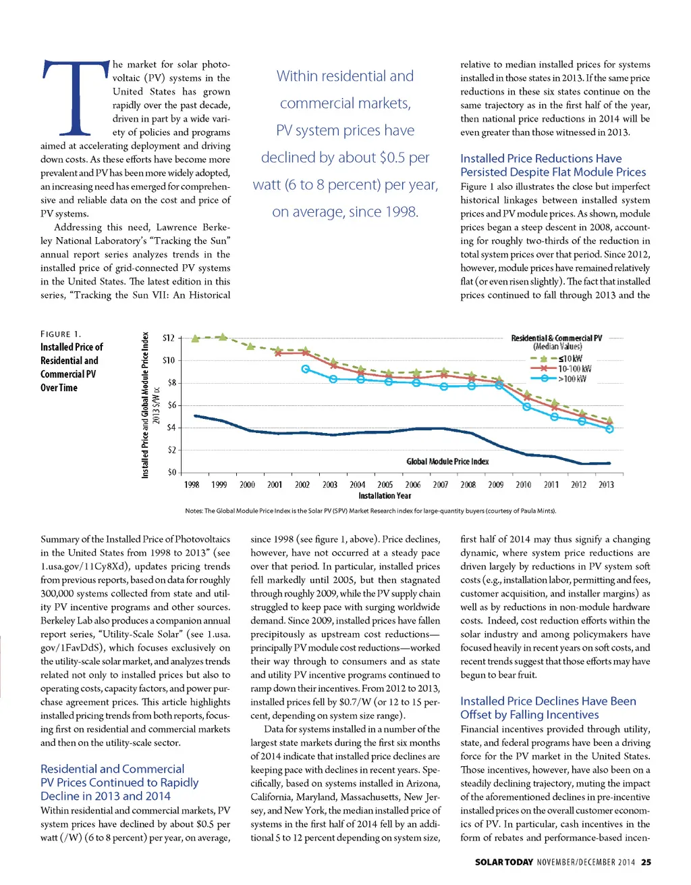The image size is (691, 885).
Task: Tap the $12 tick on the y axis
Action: tap(169, 338)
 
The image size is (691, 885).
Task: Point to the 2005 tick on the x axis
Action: tap(385, 484)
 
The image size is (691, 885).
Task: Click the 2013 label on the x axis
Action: tap(606, 484)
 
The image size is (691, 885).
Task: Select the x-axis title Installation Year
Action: tap(385, 496)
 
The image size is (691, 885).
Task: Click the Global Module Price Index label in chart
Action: tap(447, 461)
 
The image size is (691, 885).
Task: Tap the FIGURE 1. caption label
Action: tap(61, 334)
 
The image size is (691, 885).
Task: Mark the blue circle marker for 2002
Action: tap(305, 369)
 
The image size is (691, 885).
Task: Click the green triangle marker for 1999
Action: tap(223, 336)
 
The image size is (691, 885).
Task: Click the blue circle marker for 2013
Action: tap(609, 429)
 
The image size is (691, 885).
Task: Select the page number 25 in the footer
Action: tap(646, 862)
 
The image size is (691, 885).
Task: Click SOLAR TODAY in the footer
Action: tap(504, 862)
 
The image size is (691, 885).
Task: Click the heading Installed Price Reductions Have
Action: tap(541, 158)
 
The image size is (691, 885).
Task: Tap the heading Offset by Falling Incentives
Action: tap(529, 715)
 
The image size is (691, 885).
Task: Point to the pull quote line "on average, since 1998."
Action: tap(345, 212)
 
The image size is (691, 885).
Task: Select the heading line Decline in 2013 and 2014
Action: tap(105, 796)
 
